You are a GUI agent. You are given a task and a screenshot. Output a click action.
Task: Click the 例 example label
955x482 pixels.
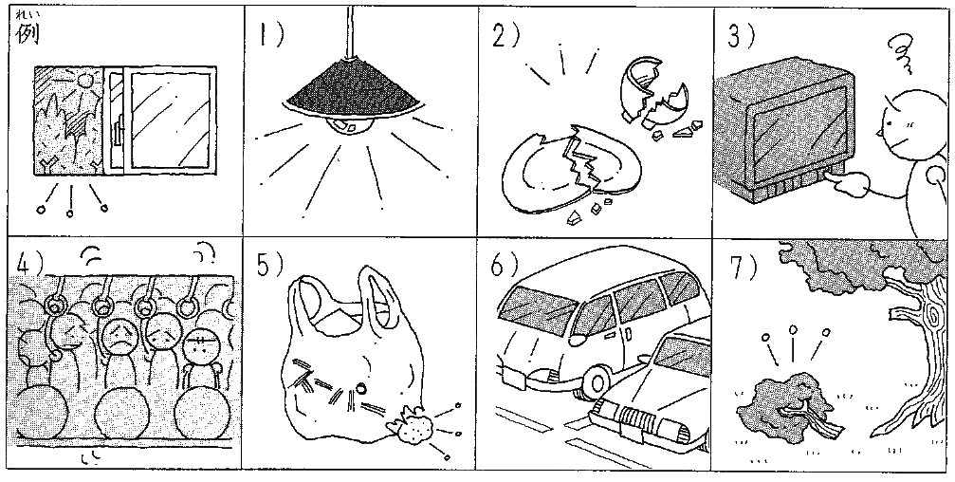click(28, 34)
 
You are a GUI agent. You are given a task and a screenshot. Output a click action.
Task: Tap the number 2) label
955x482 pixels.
click(505, 36)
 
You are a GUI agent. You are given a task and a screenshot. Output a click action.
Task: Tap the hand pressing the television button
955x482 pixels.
click(851, 184)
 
